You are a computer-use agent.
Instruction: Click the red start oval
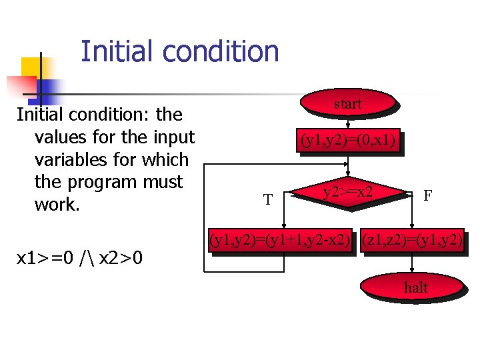tap(347, 103)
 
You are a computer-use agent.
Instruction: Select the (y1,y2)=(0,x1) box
tap(349, 141)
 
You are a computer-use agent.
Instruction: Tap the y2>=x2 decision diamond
tap(347, 193)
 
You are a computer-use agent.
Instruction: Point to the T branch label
tap(267, 199)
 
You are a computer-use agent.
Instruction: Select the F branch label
tap(428, 195)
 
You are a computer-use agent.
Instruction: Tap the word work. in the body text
tap(57, 205)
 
